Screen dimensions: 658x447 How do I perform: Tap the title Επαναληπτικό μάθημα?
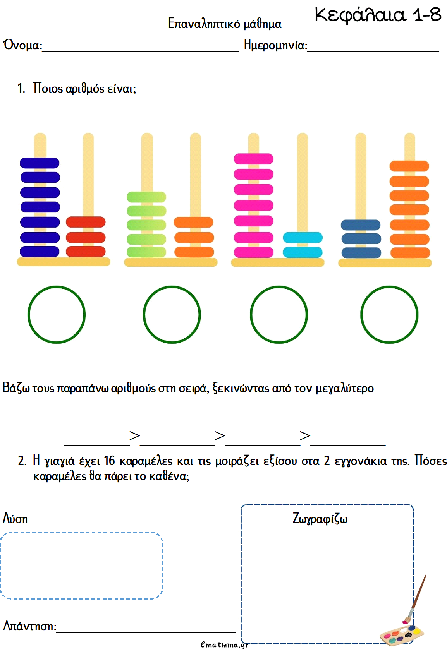(x=224, y=24)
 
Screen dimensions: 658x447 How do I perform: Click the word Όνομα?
(x=22, y=45)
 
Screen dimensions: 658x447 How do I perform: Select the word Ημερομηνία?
(x=275, y=45)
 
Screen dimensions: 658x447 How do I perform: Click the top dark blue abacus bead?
(x=40, y=163)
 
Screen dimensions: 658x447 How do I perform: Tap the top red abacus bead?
(x=86, y=222)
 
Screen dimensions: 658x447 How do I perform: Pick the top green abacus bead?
(x=146, y=197)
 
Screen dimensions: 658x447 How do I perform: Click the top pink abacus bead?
(x=254, y=159)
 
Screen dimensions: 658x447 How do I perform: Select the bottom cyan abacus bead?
(x=303, y=252)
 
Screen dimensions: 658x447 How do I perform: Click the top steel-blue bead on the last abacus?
(x=361, y=225)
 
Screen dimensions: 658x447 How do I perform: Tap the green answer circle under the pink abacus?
(x=279, y=314)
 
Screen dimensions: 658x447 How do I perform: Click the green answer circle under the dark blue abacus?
(x=57, y=314)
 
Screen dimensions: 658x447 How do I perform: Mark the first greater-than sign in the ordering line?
(x=134, y=435)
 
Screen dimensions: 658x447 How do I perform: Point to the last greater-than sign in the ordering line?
(x=305, y=435)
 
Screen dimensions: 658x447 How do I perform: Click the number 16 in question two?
(x=110, y=461)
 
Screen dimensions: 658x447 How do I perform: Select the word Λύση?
(x=15, y=519)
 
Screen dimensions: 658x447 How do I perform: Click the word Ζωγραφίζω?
(x=320, y=518)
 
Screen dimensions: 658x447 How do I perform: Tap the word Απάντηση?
(x=29, y=625)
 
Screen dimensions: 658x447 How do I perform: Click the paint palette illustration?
(x=401, y=635)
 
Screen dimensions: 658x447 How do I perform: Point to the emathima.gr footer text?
(x=224, y=644)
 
